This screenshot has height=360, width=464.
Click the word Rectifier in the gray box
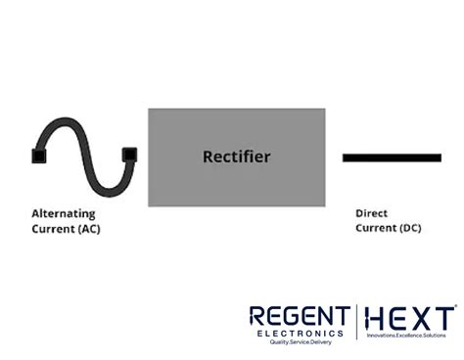236,157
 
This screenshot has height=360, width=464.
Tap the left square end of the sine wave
38,156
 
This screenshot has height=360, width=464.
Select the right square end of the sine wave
128,154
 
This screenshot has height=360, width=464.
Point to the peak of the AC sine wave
61,124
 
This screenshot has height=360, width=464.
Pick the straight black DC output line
392,157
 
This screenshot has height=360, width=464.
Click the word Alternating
64,213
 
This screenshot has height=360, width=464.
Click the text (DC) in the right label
410,229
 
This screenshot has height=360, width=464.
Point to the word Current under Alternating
52,229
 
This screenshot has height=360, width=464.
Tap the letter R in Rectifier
208,157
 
